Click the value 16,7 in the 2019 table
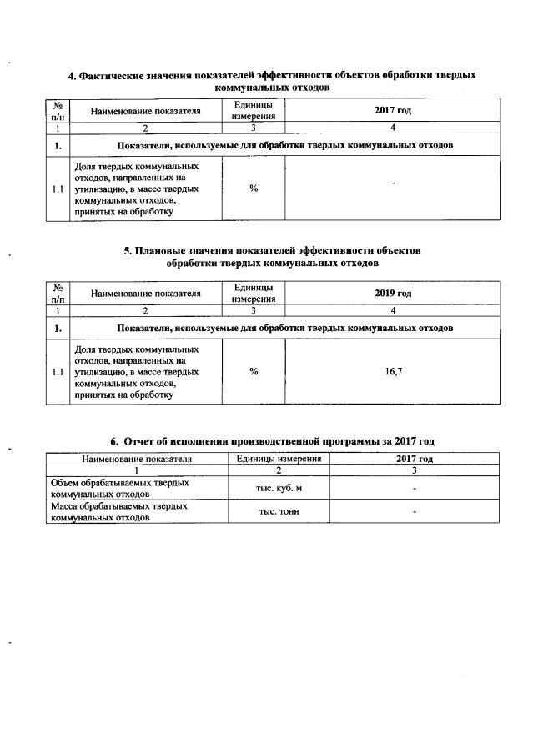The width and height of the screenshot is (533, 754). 394,372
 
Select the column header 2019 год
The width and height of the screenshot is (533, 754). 394,294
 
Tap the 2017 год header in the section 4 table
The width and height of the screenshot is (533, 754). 394,110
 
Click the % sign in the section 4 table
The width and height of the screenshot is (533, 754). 254,188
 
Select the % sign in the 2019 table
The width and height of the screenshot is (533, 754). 254,372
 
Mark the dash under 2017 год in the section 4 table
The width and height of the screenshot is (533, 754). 392,183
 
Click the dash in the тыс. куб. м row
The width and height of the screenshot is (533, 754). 415,488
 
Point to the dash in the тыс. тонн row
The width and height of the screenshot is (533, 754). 415,512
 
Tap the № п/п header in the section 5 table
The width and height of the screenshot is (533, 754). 58,294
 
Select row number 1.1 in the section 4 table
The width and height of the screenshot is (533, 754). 58,188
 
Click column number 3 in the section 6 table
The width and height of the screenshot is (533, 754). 415,470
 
